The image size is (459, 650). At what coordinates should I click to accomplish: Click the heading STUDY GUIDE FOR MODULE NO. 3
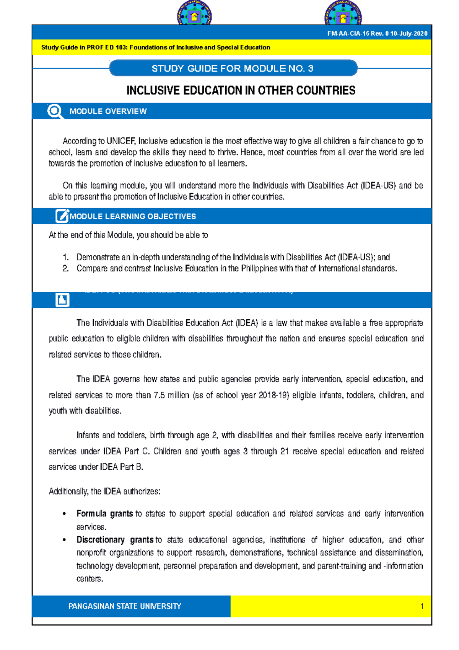[x=232, y=69]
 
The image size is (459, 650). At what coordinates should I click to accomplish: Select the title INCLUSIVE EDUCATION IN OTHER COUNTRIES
[x=241, y=91]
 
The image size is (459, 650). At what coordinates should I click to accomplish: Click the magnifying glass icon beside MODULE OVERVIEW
[x=55, y=111]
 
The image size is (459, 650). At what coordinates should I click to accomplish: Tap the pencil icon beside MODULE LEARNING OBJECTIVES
[x=62, y=216]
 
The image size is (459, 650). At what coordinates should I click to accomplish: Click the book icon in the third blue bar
[x=62, y=300]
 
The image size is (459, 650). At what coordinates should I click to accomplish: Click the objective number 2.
[x=65, y=269]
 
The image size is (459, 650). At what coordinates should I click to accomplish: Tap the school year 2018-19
[x=273, y=395]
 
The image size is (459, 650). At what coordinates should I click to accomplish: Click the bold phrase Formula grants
[x=104, y=514]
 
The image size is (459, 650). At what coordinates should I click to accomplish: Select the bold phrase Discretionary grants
[x=115, y=540]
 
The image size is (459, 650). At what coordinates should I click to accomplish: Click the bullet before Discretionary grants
[x=64, y=540]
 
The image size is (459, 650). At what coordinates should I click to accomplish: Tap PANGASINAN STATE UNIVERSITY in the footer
[x=125, y=606]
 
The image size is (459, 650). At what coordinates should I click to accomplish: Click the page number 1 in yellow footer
[x=422, y=606]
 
